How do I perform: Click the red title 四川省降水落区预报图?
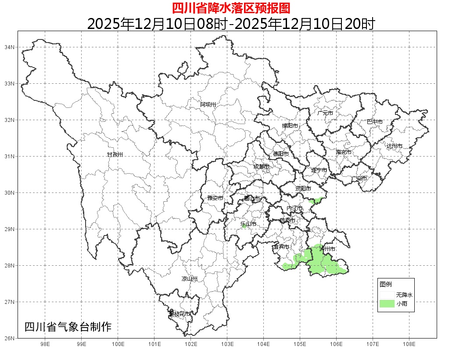point(231,8)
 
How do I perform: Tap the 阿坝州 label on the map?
point(208,104)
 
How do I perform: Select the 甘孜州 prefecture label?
point(115,155)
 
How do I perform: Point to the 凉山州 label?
point(190,279)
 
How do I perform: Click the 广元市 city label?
point(325,113)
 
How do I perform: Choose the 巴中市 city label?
point(374,122)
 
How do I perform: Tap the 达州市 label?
point(395,146)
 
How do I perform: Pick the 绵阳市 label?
point(290,126)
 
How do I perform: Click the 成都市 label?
point(261,167)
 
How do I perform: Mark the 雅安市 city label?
point(215,198)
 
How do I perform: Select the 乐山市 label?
point(248,225)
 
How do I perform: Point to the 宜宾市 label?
point(281,247)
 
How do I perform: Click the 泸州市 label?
point(327,249)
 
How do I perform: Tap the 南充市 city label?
point(344,153)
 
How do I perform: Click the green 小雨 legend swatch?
point(387,304)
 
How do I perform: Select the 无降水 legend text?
point(404,295)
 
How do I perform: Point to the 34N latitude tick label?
point(10,47)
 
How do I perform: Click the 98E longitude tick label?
point(45,344)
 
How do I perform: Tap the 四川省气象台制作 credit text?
point(68,327)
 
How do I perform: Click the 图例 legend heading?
point(386,284)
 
